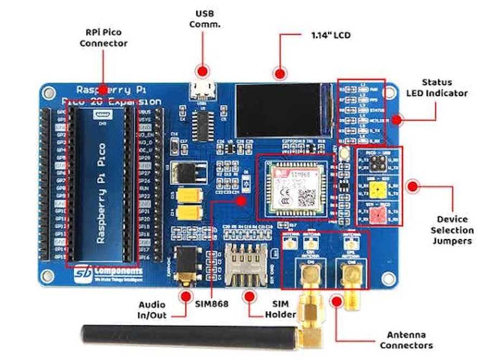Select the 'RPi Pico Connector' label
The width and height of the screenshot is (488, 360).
[104, 38]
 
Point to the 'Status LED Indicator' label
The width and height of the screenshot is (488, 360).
[436, 88]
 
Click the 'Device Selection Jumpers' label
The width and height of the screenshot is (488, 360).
[452, 230]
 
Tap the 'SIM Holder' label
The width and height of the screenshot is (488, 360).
[280, 310]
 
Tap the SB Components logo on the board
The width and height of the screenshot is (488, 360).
[108, 272]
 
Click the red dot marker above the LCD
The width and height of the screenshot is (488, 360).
[280, 73]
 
